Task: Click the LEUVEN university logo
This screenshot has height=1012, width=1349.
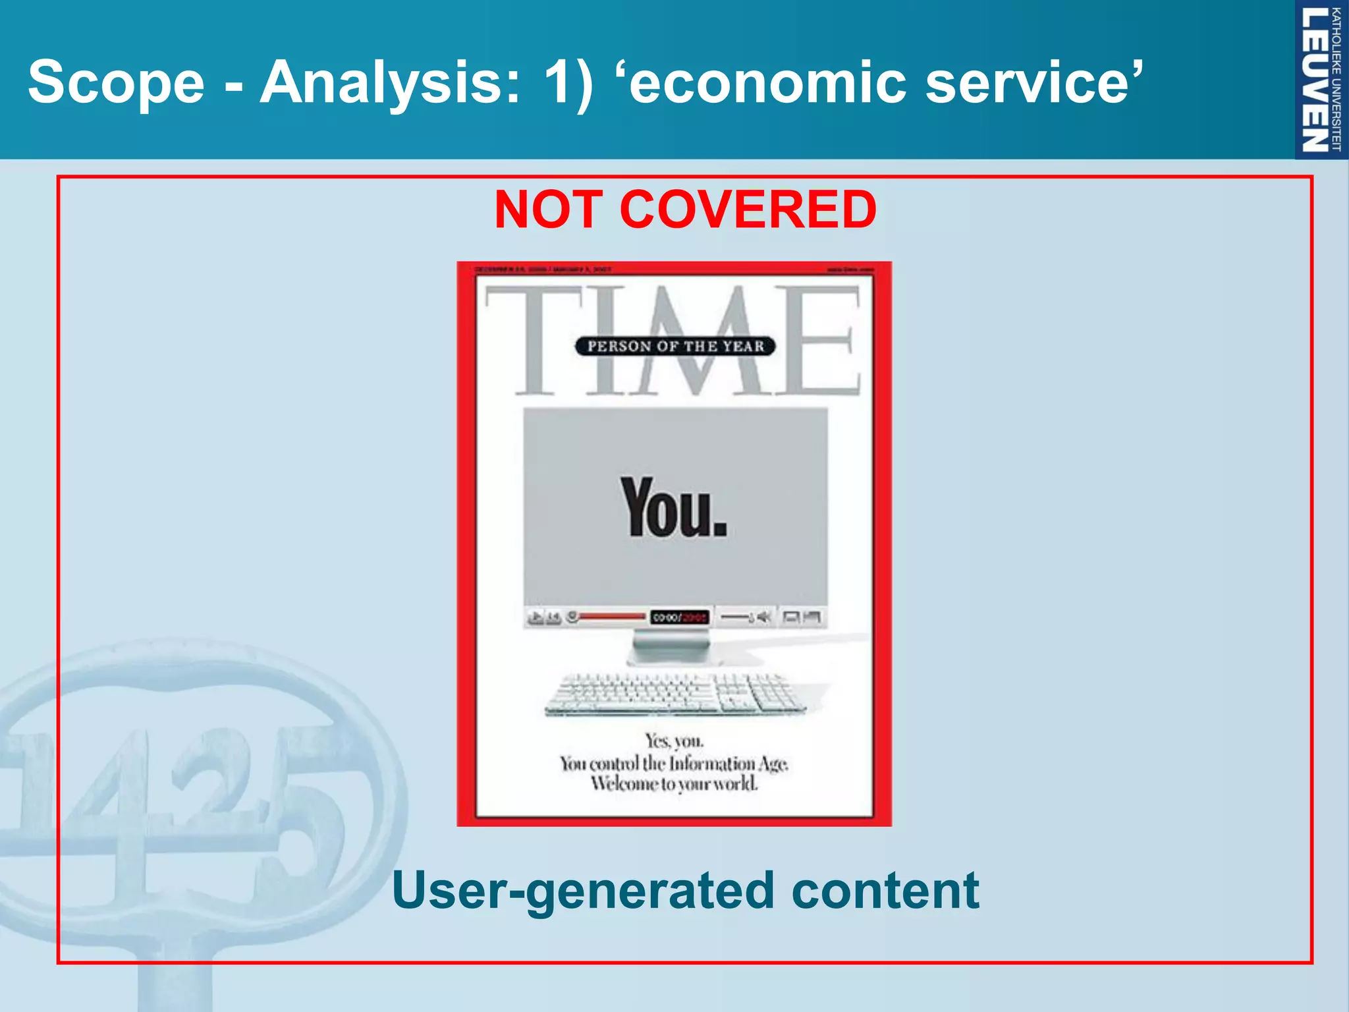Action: [x=1320, y=79]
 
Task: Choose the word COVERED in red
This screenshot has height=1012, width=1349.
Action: [x=748, y=210]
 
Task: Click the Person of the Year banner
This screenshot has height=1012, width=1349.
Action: [x=675, y=346]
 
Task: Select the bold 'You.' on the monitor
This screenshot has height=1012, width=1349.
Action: [x=673, y=507]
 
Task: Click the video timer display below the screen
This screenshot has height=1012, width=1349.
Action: [x=679, y=617]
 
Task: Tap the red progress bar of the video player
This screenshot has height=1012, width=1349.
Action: [x=611, y=617]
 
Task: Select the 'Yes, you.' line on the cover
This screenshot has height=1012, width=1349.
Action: [x=674, y=741]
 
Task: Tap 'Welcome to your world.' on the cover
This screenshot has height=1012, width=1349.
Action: [x=674, y=784]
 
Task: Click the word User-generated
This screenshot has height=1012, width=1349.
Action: [x=583, y=891]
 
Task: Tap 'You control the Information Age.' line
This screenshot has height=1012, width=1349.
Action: [x=674, y=764]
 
